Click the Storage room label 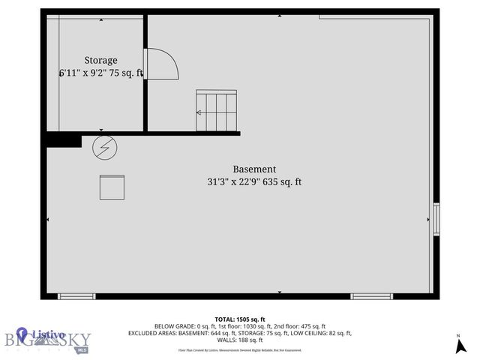(100, 60)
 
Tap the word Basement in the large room (254, 169)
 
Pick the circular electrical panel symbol (104, 148)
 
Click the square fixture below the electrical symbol (112, 187)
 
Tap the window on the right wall (436, 220)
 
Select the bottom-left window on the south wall (76, 296)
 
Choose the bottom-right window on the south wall (371, 296)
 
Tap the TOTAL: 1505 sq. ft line (240, 319)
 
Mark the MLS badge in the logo (81, 349)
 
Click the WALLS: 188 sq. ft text (240, 340)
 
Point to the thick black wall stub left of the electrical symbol (63, 139)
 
